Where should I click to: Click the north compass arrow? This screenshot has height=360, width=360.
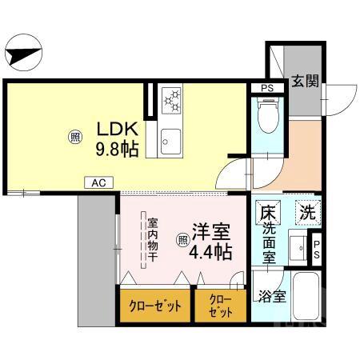point(24,55)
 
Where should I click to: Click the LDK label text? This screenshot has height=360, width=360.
point(118,128)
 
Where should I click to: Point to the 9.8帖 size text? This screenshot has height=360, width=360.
point(118,148)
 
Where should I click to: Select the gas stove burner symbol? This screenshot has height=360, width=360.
point(172,102)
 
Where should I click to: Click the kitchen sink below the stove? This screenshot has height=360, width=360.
point(171,142)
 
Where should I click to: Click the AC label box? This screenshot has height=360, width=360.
point(98,183)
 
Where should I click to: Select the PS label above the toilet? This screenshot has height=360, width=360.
point(266,87)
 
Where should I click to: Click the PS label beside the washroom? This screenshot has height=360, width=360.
point(317,250)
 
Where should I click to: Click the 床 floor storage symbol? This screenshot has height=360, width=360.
point(267,214)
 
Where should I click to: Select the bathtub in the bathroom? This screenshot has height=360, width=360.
point(306,298)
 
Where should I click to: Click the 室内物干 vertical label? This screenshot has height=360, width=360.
point(153,240)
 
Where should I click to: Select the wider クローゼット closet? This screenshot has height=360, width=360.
point(156,305)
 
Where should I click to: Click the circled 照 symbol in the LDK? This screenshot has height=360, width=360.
point(74,137)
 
